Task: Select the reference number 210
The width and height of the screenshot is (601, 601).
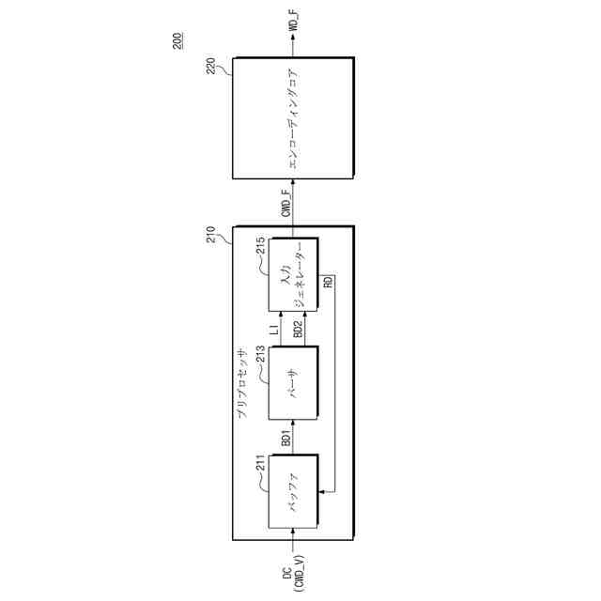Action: (x=211, y=234)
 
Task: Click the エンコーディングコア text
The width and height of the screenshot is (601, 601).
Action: (x=293, y=118)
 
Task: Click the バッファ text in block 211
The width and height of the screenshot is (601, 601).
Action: (x=293, y=489)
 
